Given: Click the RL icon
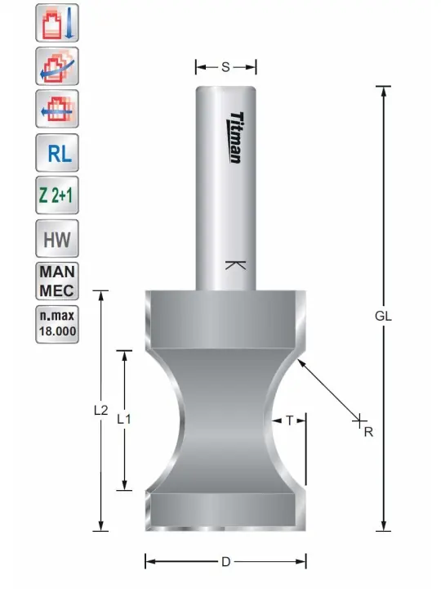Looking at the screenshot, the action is coord(57,152).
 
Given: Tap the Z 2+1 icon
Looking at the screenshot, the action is coord(57,196).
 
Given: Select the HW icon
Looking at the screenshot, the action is coord(57,239).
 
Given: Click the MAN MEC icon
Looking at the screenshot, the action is coord(57,281).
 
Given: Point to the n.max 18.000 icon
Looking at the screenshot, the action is coord(57,324).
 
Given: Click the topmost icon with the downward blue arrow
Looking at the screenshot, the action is coord(57,23).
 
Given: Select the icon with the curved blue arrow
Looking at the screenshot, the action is coord(57,66).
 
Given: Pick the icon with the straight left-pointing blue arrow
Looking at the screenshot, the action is coord(57,109).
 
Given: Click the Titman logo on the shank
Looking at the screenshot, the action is coord(235,137).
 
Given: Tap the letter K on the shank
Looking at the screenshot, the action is coord(235,265).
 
